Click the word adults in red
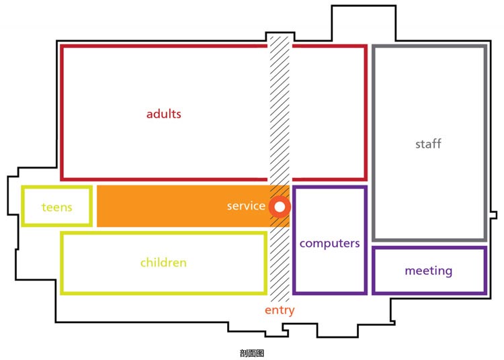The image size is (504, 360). pyautogui.click(x=163, y=114)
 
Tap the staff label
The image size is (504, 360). pyautogui.click(x=428, y=144)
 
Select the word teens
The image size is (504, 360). pyautogui.click(x=57, y=207)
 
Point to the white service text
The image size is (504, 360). pyautogui.click(x=246, y=206)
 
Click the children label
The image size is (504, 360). pyautogui.click(x=163, y=263)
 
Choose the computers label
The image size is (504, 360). pyautogui.click(x=329, y=243)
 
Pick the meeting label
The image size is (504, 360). pyautogui.click(x=429, y=271)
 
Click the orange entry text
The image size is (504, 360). pyautogui.click(x=280, y=310)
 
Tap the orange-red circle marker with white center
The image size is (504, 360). pyautogui.click(x=280, y=207)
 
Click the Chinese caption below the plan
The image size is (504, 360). pyautogui.click(x=252, y=353)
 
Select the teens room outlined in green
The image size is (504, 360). pyautogui.click(x=22, y=206)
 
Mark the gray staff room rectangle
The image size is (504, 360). pyautogui.click(x=374, y=143)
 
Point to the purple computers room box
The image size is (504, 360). pyautogui.click(x=294, y=240)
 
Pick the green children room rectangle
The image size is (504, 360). pyautogui.click(x=61, y=263)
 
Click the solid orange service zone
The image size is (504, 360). pyautogui.click(x=183, y=206)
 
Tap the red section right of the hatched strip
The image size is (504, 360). pyautogui.click(x=366, y=113)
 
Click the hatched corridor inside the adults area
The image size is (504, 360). pyautogui.click(x=280, y=112)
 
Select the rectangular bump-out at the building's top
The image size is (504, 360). pyautogui.click(x=364, y=22)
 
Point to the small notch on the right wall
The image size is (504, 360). pyautogui.click(x=494, y=215)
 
